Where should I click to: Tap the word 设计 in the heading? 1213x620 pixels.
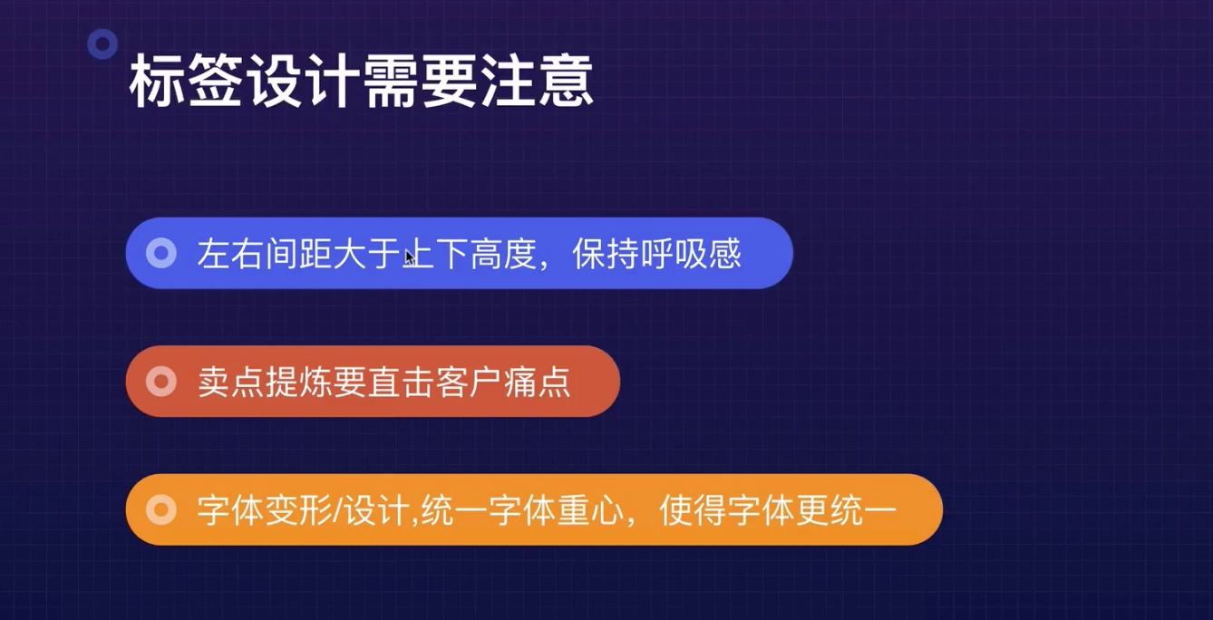[302, 82]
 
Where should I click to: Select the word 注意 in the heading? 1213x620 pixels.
[536, 82]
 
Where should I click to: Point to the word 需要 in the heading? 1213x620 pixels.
[419, 82]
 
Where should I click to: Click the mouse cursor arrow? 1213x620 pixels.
[410, 257]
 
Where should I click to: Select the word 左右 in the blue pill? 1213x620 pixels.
[230, 254]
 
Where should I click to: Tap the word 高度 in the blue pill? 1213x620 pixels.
[503, 254]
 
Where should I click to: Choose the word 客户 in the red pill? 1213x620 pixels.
[469, 382]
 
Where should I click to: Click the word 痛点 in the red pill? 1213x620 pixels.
[538, 382]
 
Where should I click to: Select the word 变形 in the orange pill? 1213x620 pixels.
[299, 510]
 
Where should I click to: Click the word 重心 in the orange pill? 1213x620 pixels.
[590, 510]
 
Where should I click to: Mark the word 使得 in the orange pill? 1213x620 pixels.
[693, 510]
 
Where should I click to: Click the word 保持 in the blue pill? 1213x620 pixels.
[606, 254]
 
